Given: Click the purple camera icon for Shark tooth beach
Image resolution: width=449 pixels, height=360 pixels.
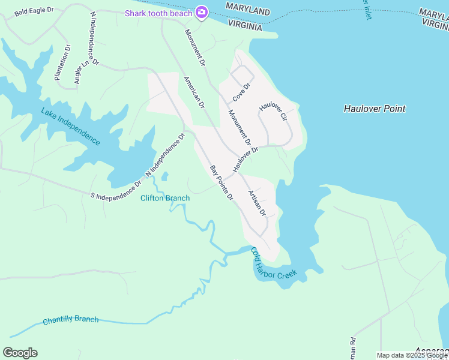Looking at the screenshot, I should [202, 12].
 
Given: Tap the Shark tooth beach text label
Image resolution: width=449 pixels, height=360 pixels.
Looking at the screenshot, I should [158, 13].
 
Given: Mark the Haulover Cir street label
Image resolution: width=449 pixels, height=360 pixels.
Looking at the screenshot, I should [274, 112].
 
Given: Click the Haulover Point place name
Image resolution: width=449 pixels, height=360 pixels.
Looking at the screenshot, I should [375, 109].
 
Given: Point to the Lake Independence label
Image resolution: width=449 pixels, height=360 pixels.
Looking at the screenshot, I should [70, 126].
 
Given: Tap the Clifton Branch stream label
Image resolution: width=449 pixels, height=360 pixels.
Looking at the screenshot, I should [165, 198].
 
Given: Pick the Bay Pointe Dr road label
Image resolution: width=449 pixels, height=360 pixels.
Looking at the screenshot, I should [221, 183].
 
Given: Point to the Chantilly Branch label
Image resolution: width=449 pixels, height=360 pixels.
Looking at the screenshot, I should [70, 320].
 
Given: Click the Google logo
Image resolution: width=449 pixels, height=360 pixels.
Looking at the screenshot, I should [20, 353].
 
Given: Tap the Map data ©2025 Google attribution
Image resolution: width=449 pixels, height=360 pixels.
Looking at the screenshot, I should [412, 355].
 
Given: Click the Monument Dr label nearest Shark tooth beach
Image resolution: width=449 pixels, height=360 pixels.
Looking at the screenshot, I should [194, 47].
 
